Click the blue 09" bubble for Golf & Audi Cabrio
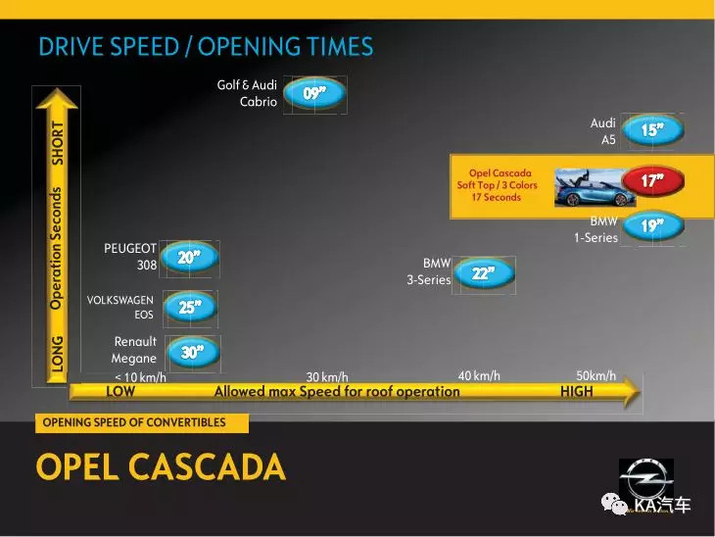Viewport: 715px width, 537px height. pyautogui.click(x=314, y=93)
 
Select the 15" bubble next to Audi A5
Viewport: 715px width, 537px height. pyautogui.click(x=653, y=130)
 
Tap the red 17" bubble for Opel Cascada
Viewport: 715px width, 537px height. pyautogui.click(x=653, y=180)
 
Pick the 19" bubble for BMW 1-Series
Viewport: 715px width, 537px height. pyautogui.click(x=653, y=225)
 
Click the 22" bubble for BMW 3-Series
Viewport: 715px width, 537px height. pyautogui.click(x=484, y=273)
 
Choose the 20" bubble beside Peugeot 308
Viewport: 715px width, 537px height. pyautogui.click(x=190, y=258)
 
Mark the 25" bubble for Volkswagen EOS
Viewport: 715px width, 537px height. pyautogui.click(x=190, y=307)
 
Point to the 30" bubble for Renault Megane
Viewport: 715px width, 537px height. pyautogui.click(x=193, y=352)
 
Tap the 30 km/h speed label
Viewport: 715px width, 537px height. pyautogui.click(x=327, y=377)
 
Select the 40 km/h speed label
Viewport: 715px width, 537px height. pyautogui.click(x=479, y=376)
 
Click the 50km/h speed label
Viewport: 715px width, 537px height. pyautogui.click(x=596, y=375)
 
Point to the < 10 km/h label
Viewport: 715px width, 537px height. pyautogui.click(x=140, y=377)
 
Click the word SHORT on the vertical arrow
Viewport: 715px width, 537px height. pyautogui.click(x=58, y=143)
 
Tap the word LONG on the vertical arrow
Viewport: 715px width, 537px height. pyautogui.click(x=57, y=354)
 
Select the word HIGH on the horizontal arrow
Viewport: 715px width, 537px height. pyautogui.click(x=577, y=391)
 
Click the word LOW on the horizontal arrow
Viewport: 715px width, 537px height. pyautogui.click(x=120, y=391)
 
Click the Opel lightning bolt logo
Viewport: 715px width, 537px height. pyautogui.click(x=646, y=479)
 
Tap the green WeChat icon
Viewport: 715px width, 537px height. pyautogui.click(x=614, y=504)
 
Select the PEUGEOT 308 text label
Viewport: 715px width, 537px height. pyautogui.click(x=130, y=257)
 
